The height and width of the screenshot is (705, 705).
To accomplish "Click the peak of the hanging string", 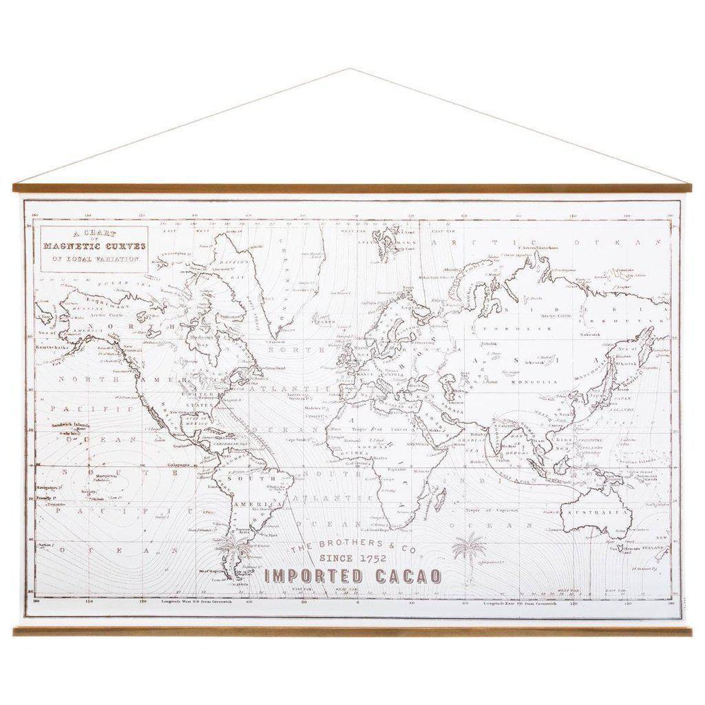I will pyautogui.click(x=350, y=69).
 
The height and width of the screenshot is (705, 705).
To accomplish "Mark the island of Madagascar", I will pyautogui.click(x=439, y=497).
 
